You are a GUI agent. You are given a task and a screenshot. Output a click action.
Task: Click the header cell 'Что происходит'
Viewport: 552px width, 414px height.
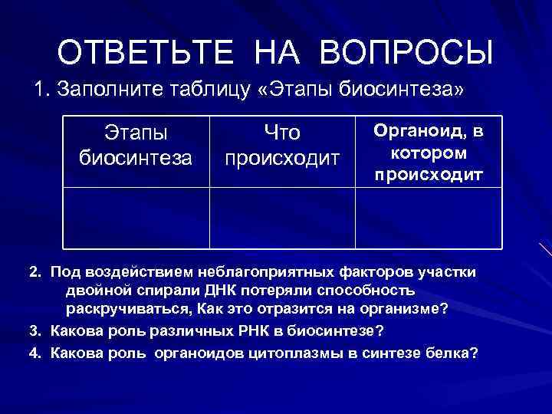point(281,146)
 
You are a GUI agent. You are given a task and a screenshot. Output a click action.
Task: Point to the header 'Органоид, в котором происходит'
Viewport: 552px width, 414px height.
point(429,152)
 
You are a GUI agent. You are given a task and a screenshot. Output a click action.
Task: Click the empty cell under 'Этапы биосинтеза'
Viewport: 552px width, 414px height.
point(136,218)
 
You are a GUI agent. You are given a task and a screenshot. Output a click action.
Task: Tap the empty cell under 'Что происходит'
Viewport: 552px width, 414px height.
point(281,218)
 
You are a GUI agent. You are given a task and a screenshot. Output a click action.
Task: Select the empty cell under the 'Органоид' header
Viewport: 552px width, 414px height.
point(429,218)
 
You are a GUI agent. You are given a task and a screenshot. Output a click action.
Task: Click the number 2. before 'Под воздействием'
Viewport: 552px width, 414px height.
point(36,272)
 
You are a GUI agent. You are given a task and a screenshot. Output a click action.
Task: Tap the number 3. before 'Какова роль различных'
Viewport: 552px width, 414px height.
point(36,330)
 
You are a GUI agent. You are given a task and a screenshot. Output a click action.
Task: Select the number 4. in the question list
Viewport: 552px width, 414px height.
point(36,353)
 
